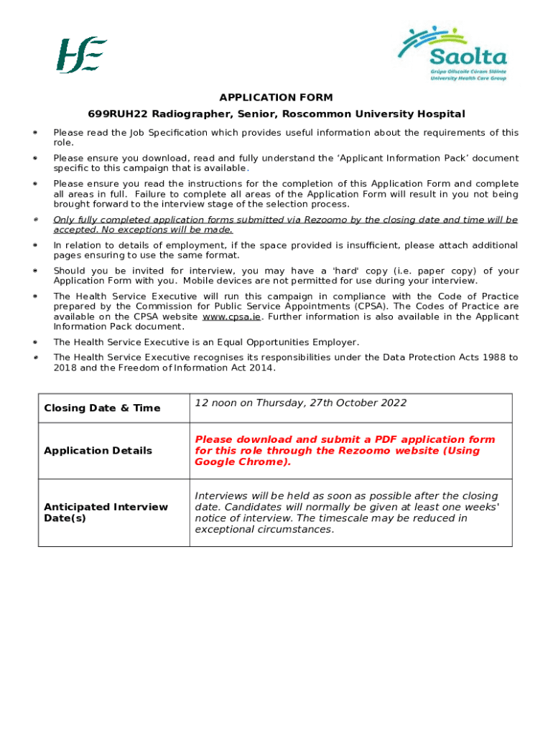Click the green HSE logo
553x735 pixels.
82,55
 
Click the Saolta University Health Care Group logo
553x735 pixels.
453,53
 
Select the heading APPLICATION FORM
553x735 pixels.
276,98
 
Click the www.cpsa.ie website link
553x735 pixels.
231,317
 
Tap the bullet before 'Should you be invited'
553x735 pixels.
34,271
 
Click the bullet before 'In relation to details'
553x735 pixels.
34,245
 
